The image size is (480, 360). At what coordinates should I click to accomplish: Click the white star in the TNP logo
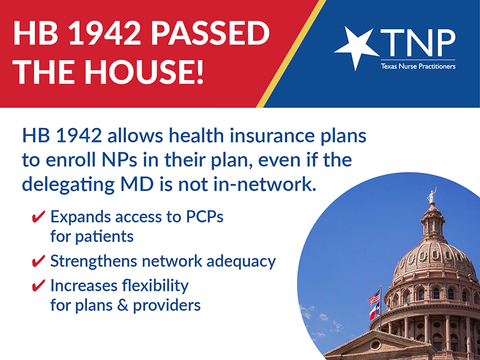tap(355, 47)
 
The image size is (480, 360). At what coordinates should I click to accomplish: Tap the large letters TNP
tap(418, 43)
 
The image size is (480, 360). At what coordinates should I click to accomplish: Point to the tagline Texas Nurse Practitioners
tap(418, 66)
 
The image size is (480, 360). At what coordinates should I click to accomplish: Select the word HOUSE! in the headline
tap(144, 72)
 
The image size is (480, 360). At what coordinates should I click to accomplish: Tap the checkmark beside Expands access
tap(38, 217)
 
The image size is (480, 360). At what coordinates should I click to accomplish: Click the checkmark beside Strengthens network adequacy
tap(38, 261)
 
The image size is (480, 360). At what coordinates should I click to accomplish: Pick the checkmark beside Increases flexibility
tap(38, 286)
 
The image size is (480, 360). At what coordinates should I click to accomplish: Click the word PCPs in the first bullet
tap(205, 217)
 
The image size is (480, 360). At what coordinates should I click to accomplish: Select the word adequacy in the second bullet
tap(241, 262)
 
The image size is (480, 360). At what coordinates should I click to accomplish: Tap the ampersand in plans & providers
tap(122, 305)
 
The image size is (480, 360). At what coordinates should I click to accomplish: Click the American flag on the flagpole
tap(374, 298)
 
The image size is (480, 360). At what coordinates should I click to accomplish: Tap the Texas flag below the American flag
tap(374, 311)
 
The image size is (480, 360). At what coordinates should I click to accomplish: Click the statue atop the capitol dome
tap(431, 195)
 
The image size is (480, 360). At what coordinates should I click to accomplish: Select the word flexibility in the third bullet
tap(155, 286)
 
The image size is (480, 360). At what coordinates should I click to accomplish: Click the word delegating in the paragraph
tap(68, 185)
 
